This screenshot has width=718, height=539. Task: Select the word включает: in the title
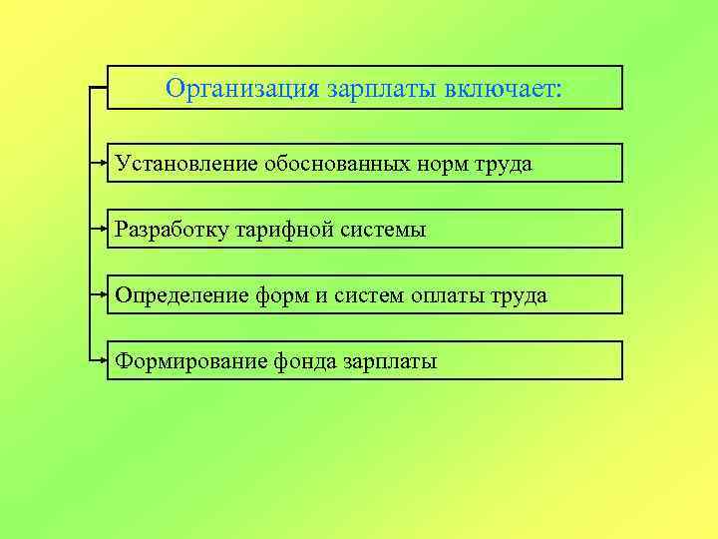click(503, 89)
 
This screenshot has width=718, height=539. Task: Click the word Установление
click(186, 163)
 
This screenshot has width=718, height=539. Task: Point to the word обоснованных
click(334, 163)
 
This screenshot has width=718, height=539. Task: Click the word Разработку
click(172, 229)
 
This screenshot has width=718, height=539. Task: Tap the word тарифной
click(282, 229)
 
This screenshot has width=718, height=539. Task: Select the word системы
click(382, 229)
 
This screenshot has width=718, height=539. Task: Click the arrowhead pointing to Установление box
click(104, 162)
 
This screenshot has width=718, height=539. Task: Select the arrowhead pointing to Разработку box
click(104, 228)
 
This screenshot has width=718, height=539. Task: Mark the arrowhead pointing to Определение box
click(104, 294)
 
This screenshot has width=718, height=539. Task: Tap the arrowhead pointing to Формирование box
click(104, 359)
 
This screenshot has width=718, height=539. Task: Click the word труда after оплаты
click(522, 295)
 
